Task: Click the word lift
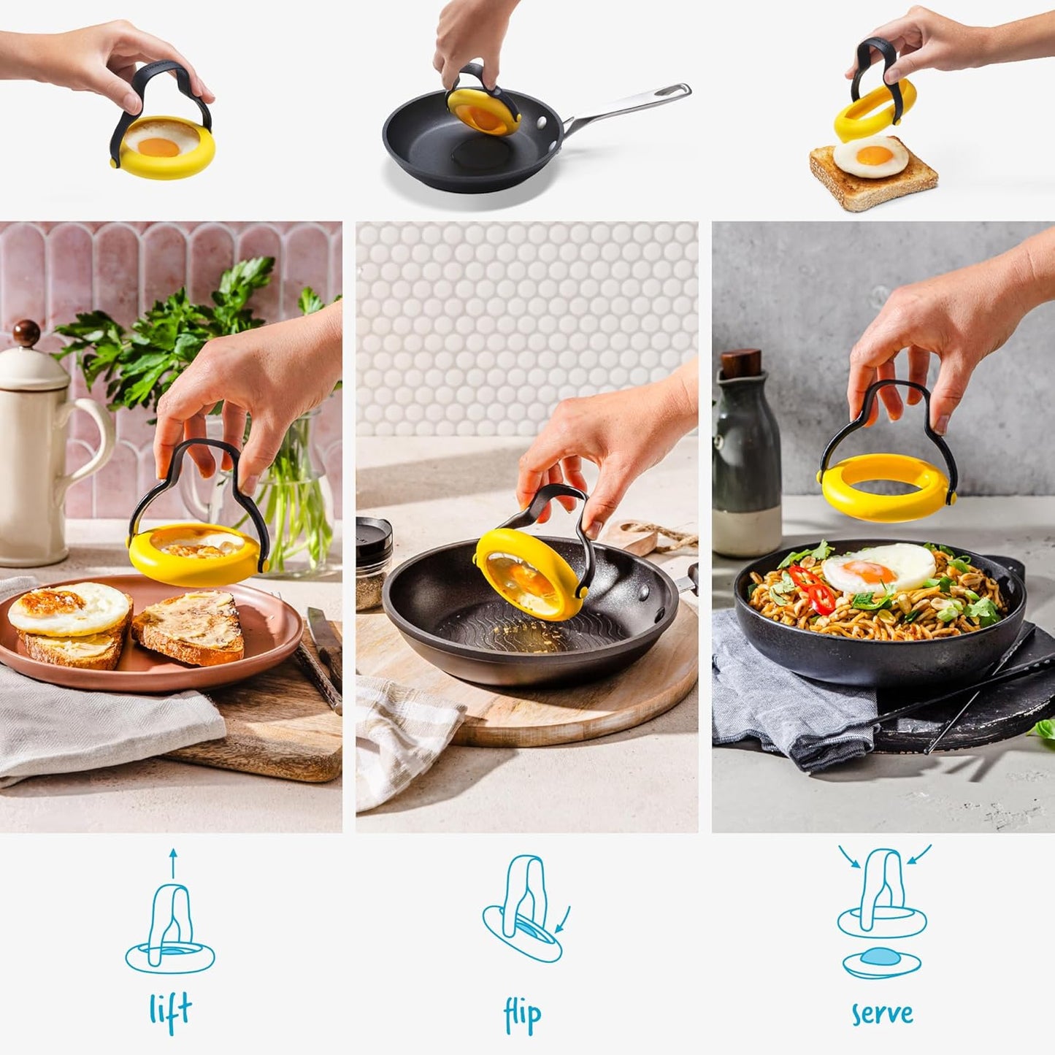click(170, 1012)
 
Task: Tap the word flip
click(523, 1016)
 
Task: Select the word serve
click(882, 1013)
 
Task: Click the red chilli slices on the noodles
click(812, 588)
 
